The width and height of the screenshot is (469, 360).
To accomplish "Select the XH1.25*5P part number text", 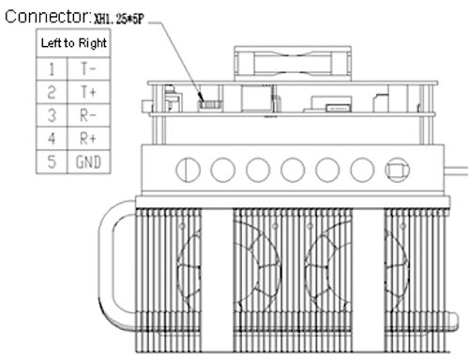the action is (119, 20).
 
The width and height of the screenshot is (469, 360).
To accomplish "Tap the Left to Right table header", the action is (74, 43).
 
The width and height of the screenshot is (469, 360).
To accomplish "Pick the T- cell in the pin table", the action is (88, 68).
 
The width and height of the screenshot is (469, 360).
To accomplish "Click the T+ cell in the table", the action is (88, 92).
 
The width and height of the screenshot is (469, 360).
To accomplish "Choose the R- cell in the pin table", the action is (88, 115).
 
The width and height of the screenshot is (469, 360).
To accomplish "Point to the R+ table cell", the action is (88, 139).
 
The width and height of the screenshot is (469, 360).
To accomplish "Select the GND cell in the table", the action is (88, 162).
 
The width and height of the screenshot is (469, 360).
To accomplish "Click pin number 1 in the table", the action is (52, 68).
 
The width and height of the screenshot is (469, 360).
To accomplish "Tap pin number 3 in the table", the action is (52, 115).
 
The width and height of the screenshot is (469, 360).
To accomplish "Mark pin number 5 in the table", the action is (52, 162).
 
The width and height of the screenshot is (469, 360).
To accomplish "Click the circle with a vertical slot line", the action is (188, 170).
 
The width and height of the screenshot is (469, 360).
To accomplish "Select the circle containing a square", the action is (397, 170).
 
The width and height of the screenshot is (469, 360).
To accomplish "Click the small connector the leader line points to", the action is (210, 104).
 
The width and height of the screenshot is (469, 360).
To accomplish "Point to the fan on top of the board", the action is (293, 64).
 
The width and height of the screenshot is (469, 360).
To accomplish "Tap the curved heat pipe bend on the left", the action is (106, 262).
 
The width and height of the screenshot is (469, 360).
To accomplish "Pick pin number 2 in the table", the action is (52, 92).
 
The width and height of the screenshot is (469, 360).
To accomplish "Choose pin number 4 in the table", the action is (52, 139).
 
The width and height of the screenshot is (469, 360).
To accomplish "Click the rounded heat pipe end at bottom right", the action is (452, 322).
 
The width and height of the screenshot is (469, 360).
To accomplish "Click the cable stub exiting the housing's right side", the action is (456, 172).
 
